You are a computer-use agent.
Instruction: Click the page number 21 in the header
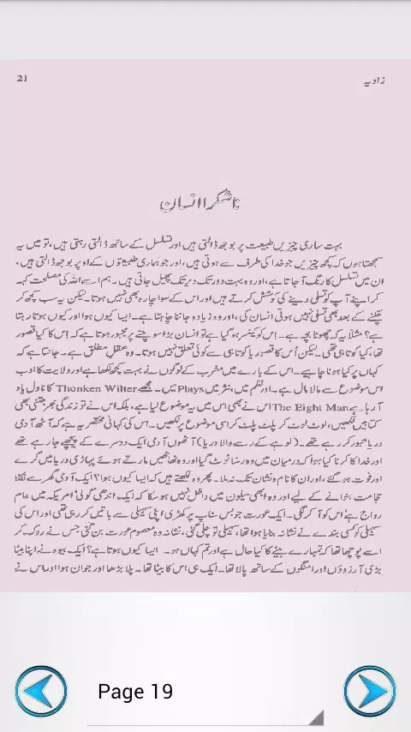tap(22, 79)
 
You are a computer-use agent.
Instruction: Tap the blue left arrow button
tap(40, 692)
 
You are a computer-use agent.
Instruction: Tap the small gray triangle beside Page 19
tap(316, 717)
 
